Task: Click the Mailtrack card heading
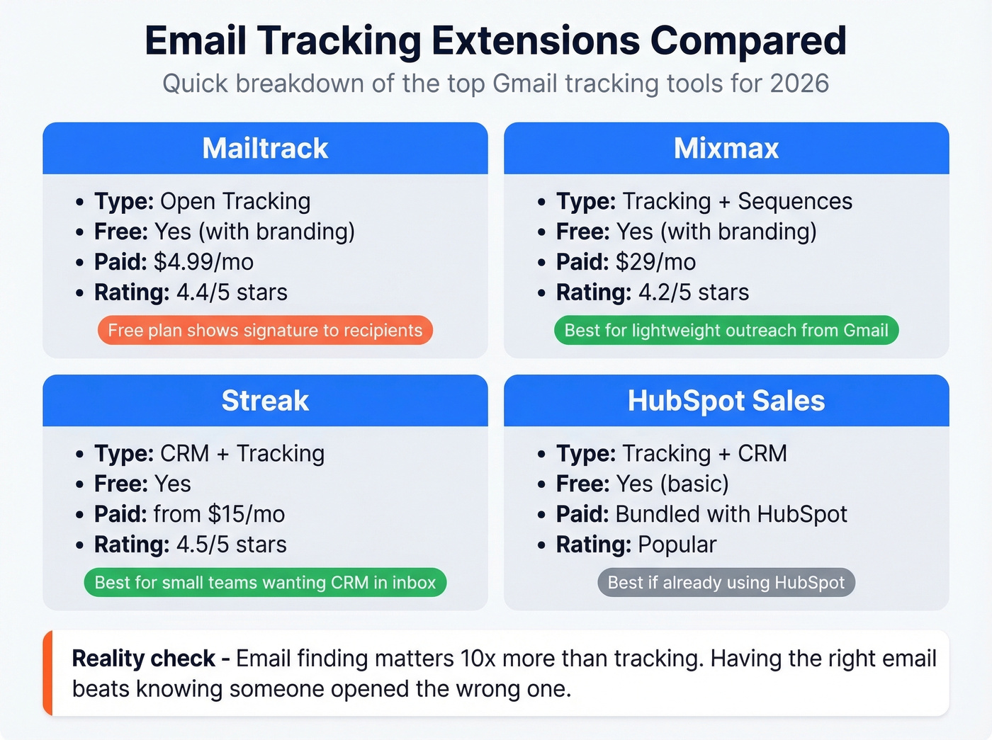[265, 149]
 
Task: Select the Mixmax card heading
[726, 149]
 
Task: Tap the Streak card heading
[265, 401]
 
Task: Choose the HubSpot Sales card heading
[726, 401]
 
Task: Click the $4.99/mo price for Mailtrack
[203, 262]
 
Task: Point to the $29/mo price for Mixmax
[655, 262]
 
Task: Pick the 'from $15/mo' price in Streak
[219, 514]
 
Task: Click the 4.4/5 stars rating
[232, 292]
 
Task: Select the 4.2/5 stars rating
[693, 292]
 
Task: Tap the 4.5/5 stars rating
[232, 545]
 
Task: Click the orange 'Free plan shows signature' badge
[265, 331]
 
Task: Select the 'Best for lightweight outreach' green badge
[726, 331]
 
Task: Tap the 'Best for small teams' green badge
[265, 583]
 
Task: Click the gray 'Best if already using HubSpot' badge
[726, 583]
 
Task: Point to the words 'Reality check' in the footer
[143, 659]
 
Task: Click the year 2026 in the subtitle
[799, 84]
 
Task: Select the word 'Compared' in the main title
[748, 40]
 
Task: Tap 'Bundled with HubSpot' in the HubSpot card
[731, 514]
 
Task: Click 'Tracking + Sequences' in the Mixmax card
[738, 201]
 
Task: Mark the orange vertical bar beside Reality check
[47, 673]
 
